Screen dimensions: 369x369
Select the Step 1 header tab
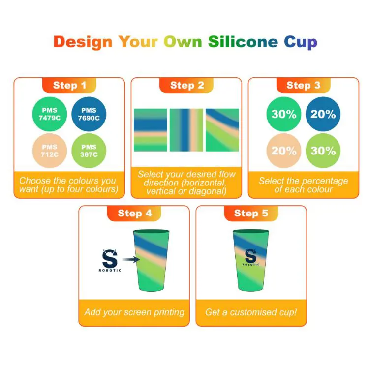pos(69,85)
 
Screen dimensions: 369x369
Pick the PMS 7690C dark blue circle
pos(90,114)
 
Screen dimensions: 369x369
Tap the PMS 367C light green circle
pos(89,150)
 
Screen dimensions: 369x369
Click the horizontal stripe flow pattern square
pos(150,130)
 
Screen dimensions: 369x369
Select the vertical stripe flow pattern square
pos(186,130)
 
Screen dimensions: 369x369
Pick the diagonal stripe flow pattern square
pos(222,130)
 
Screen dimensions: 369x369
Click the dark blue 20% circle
pos(323,114)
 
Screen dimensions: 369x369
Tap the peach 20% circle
pos(284,151)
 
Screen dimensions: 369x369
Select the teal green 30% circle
pos(284,114)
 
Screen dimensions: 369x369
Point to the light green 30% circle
pos(323,151)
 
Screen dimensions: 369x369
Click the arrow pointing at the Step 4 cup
pos(130,260)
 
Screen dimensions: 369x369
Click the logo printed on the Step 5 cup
pos(251,256)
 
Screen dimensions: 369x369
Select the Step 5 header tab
pos(251,213)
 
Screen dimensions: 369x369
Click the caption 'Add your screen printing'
pos(134,312)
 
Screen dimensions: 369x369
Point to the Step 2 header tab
pos(187,85)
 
